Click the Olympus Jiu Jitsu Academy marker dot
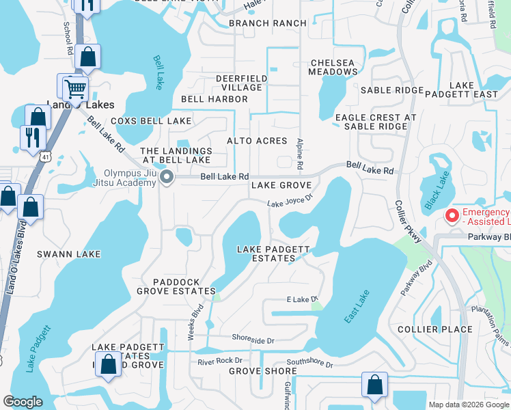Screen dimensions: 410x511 click(x=167, y=178)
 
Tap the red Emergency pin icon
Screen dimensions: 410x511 click(x=452, y=217)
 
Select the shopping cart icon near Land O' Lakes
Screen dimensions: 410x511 click(x=75, y=87)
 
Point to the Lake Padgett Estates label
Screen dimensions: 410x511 click(x=273, y=254)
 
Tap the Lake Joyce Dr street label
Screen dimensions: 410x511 click(x=289, y=201)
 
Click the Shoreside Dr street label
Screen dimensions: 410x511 click(x=253, y=340)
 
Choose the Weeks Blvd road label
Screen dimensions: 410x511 click(x=195, y=322)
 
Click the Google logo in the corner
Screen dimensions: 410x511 click(x=23, y=402)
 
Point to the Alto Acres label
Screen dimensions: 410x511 click(x=258, y=141)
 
